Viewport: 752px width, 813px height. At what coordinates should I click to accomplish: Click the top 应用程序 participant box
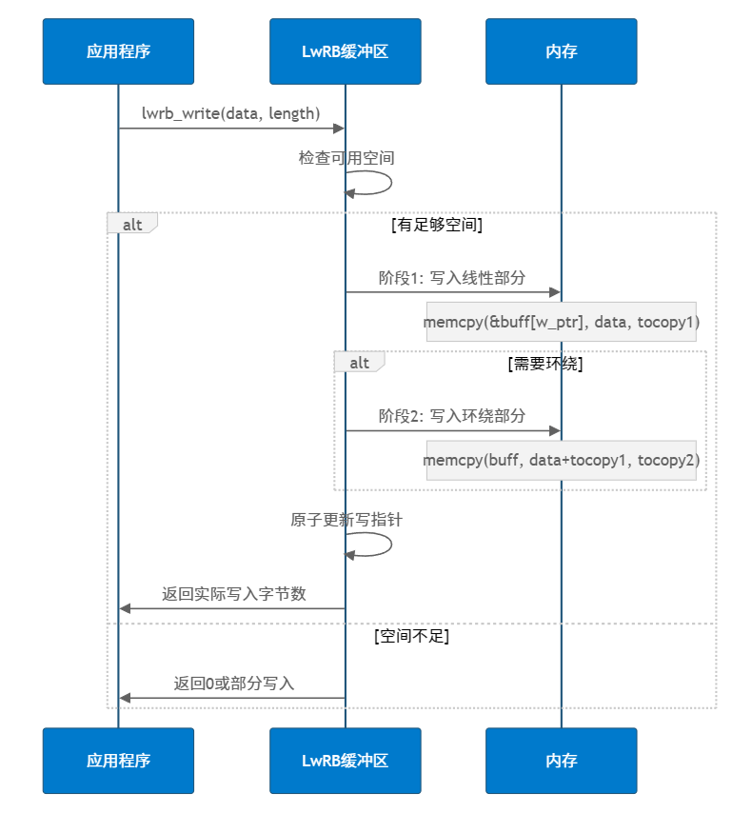(118, 51)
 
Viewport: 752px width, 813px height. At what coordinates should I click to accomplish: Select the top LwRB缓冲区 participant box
(345, 51)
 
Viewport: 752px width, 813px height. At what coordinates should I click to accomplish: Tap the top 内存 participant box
(561, 51)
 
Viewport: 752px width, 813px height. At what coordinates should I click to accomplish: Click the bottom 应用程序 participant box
(118, 761)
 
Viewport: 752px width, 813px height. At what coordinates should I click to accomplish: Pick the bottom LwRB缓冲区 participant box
(345, 761)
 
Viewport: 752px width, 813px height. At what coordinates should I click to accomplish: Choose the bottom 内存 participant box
(561, 761)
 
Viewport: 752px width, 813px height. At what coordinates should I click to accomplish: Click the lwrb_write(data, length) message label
(230, 113)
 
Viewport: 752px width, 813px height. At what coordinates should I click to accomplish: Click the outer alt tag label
(132, 224)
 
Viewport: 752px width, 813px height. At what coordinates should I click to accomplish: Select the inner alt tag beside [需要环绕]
(360, 363)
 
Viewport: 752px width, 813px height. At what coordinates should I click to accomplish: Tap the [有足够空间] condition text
(436, 226)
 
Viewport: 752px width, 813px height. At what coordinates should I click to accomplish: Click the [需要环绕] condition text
(544, 364)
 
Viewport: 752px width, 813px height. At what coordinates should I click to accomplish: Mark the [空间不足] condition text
(411, 636)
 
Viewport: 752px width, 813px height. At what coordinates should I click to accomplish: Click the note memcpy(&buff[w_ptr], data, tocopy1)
(562, 323)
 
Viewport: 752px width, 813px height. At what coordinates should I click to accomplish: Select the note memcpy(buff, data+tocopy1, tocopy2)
(562, 461)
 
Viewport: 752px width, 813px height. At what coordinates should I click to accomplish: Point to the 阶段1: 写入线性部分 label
(452, 278)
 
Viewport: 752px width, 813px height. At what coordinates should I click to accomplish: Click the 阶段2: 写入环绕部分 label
(452, 416)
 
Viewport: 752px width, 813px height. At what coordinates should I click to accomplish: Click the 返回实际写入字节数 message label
(234, 594)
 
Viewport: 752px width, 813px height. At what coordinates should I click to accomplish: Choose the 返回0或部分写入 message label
(234, 684)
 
